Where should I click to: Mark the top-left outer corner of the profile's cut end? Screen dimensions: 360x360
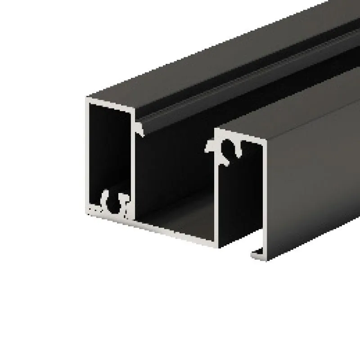(x=87, y=97)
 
